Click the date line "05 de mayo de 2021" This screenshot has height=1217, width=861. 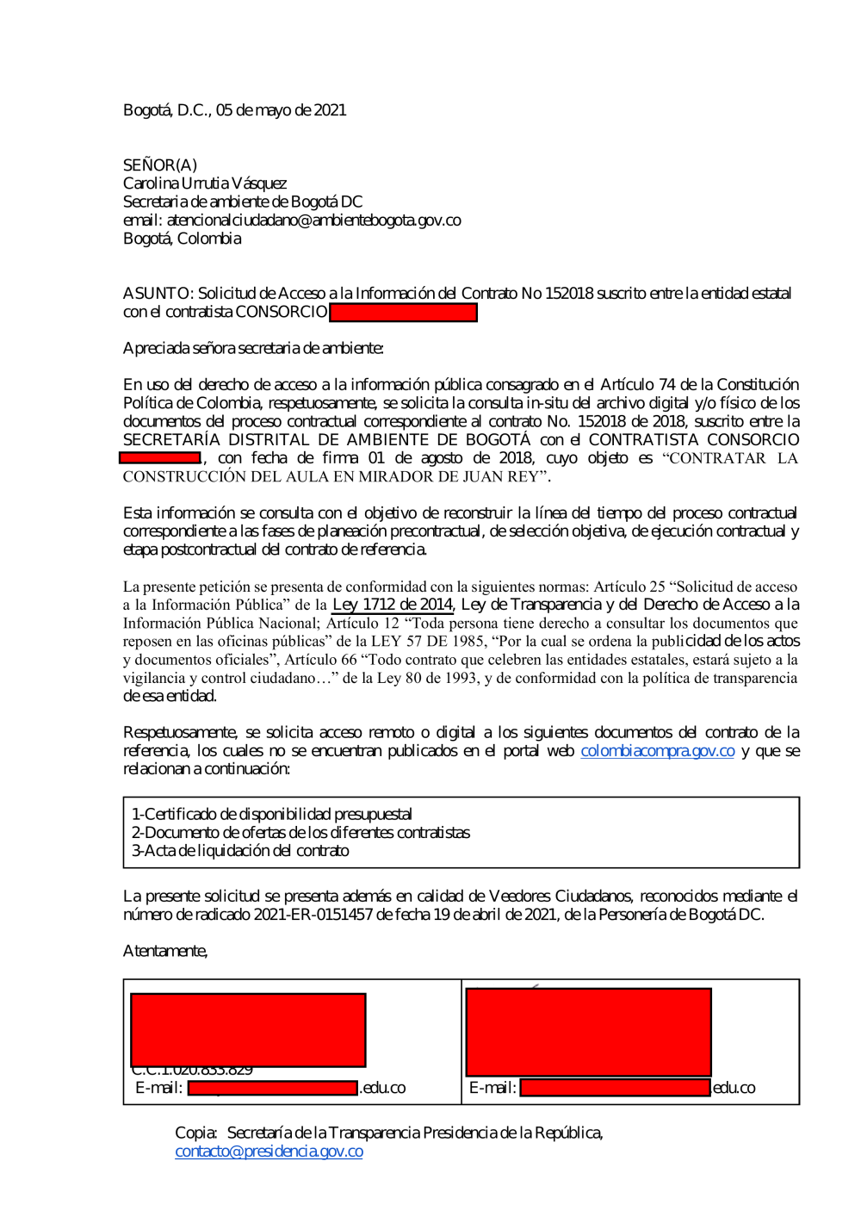[281, 110]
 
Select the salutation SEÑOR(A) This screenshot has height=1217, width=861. [160, 165]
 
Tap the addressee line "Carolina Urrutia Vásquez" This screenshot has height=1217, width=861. [205, 183]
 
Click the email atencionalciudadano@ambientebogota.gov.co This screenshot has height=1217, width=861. [313, 220]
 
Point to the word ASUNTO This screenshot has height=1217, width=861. [158, 294]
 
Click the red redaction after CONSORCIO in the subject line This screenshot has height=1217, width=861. [403, 313]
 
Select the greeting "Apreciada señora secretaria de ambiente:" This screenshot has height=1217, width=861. [253, 349]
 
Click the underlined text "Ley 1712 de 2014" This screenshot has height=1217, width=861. [393, 605]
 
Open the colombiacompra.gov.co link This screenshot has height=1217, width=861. [657, 751]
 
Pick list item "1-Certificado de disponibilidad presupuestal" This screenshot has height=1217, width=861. [271, 815]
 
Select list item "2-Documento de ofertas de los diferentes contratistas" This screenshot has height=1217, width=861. [300, 833]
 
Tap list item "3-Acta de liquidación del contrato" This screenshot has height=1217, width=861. [240, 851]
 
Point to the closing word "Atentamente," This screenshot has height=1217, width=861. [165, 951]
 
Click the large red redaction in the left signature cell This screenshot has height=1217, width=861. [248, 1030]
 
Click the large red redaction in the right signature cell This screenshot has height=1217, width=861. [588, 1032]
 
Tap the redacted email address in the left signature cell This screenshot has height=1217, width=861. [272, 1088]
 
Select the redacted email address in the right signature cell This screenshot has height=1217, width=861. [615, 1088]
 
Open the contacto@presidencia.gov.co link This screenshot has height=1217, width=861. [269, 1152]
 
